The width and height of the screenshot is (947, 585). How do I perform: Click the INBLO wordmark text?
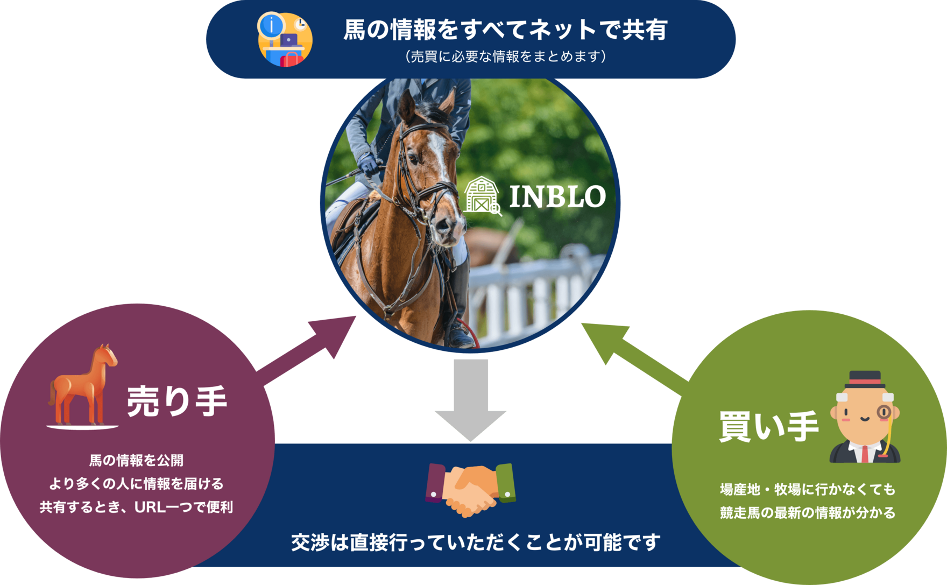(557, 196)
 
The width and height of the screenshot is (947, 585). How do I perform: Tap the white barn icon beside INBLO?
(482, 196)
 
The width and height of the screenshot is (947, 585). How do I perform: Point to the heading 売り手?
(177, 401)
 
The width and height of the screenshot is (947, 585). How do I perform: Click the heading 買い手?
(769, 426)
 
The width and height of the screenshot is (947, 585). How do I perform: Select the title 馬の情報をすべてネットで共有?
(505, 30)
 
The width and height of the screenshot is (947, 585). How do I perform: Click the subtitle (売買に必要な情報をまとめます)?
(505, 56)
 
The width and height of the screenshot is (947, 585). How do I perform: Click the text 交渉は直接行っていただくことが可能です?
(476, 542)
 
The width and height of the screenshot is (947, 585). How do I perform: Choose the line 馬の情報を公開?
(136, 460)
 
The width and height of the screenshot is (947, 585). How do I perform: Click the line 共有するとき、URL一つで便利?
(136, 507)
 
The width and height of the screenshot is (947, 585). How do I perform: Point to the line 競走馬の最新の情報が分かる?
(808, 512)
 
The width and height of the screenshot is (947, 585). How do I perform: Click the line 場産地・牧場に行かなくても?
(808, 489)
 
